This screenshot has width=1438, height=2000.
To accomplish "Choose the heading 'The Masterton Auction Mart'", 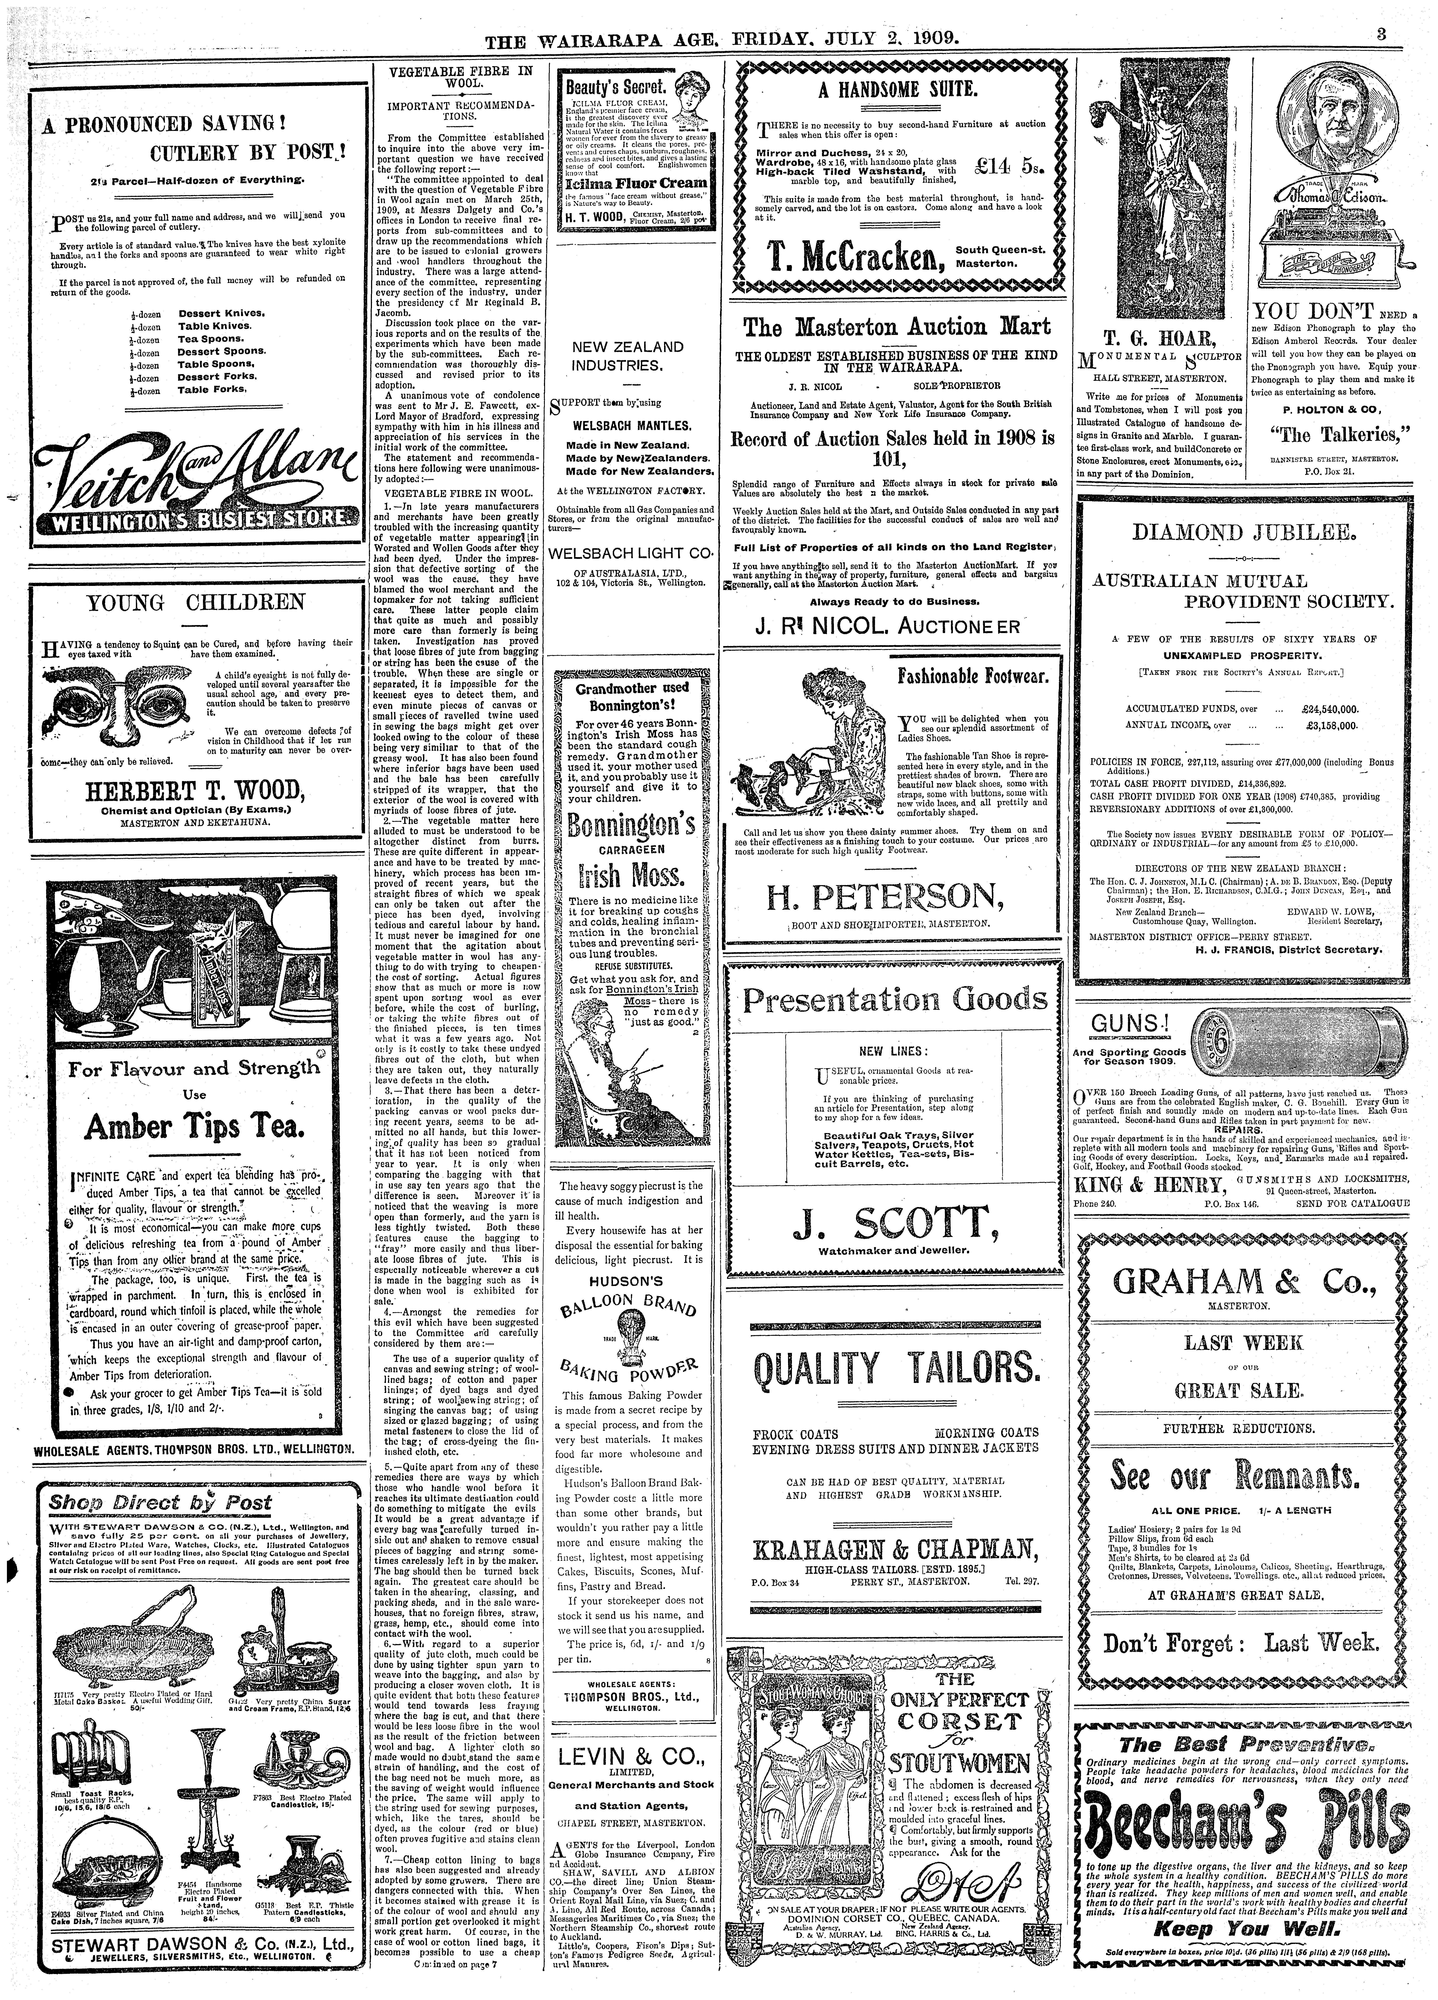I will click(897, 327).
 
